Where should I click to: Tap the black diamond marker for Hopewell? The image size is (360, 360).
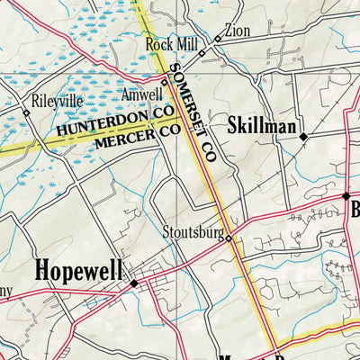click(x=133, y=283)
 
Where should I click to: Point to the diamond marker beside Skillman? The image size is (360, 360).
click(x=303, y=137)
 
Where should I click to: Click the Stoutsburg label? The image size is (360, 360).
click(x=193, y=233)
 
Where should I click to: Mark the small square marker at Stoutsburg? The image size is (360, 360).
click(x=229, y=238)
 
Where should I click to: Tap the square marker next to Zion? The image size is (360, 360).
click(x=217, y=40)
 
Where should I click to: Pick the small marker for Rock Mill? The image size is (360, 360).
click(x=202, y=53)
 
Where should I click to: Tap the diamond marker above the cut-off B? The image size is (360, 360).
click(x=346, y=195)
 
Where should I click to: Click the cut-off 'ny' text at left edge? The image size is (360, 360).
click(x=5, y=291)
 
